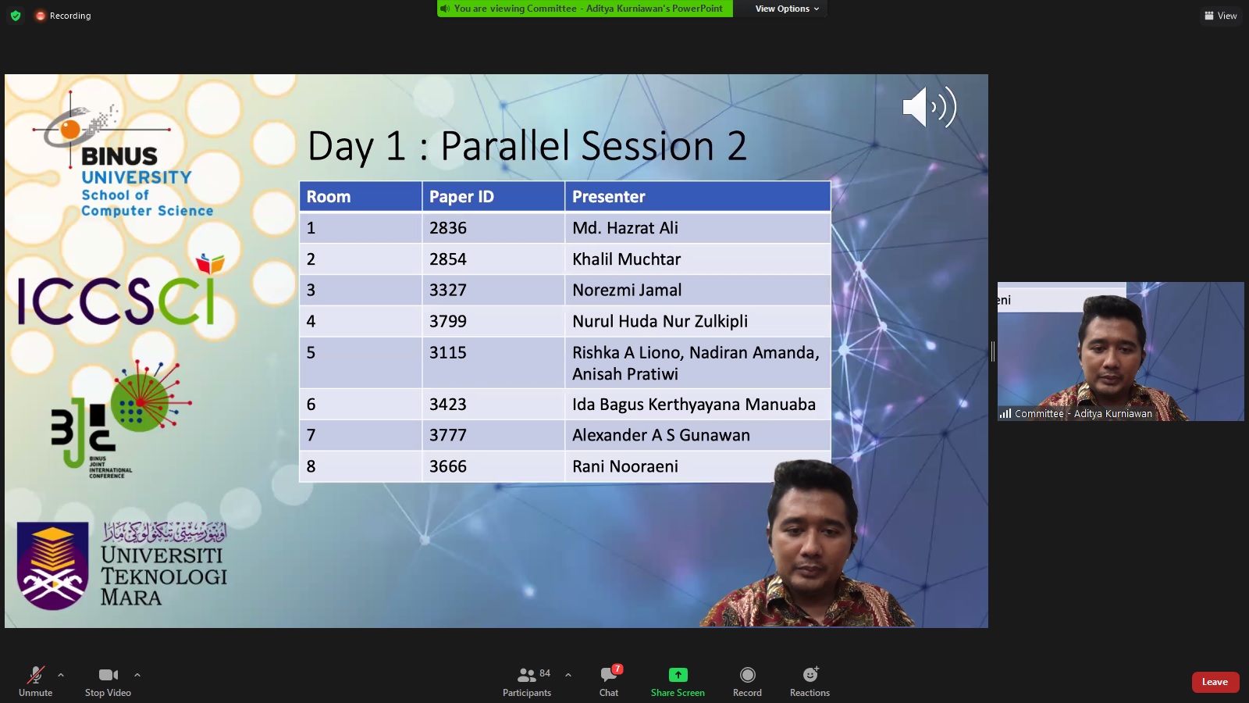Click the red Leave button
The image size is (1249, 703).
point(1215,682)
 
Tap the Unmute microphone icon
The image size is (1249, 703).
point(36,675)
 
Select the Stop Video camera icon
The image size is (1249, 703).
point(109,675)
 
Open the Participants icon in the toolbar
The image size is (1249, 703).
point(526,675)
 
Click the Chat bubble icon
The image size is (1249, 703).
point(609,675)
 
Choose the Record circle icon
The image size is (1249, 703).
point(747,675)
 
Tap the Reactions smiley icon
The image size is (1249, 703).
point(810,675)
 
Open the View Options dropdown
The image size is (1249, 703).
point(787,9)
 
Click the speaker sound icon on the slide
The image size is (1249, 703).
point(930,106)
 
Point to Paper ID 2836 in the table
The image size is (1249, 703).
point(448,227)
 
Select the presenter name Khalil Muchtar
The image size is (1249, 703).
point(626,259)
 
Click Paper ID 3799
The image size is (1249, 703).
point(448,321)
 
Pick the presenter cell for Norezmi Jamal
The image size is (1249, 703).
point(698,290)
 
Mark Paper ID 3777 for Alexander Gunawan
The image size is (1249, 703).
point(448,435)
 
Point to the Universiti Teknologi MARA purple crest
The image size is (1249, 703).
point(52,566)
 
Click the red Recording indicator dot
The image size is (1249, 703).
point(40,16)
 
